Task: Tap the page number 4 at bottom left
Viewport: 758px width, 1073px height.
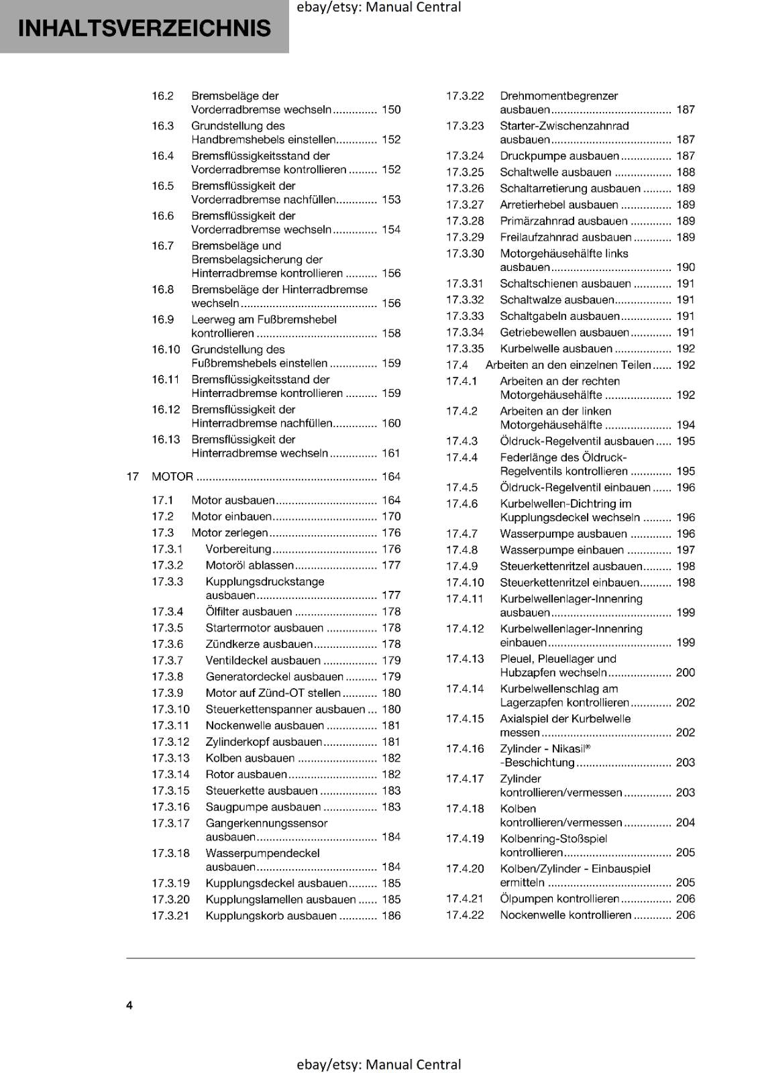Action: tap(129, 1005)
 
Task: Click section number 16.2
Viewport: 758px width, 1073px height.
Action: tap(162, 96)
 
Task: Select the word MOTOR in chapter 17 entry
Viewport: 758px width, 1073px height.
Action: tap(172, 477)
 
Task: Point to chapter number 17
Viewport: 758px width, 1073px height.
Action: tap(132, 477)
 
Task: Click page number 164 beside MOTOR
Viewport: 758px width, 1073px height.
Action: tap(390, 477)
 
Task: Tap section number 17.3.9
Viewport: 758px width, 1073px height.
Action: tap(167, 693)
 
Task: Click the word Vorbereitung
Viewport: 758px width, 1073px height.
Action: tap(238, 549)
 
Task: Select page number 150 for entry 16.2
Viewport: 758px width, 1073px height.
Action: tap(390, 110)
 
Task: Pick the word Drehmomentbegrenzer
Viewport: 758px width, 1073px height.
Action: tap(559, 96)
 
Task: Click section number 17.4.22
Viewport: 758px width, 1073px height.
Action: tap(465, 915)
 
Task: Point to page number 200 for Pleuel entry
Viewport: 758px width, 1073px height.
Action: tap(685, 673)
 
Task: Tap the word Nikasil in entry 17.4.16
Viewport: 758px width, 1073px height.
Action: tap(569, 749)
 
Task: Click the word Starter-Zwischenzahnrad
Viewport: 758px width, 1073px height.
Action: tap(564, 126)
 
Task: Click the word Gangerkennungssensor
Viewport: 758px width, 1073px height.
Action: tap(266, 824)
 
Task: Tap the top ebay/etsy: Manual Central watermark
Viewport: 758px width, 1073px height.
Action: tap(378, 7)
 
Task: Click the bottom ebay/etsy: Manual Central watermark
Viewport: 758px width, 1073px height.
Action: tap(378, 1064)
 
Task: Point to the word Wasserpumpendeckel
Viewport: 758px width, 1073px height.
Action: tap(262, 854)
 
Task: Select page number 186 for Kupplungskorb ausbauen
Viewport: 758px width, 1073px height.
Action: tap(390, 916)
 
